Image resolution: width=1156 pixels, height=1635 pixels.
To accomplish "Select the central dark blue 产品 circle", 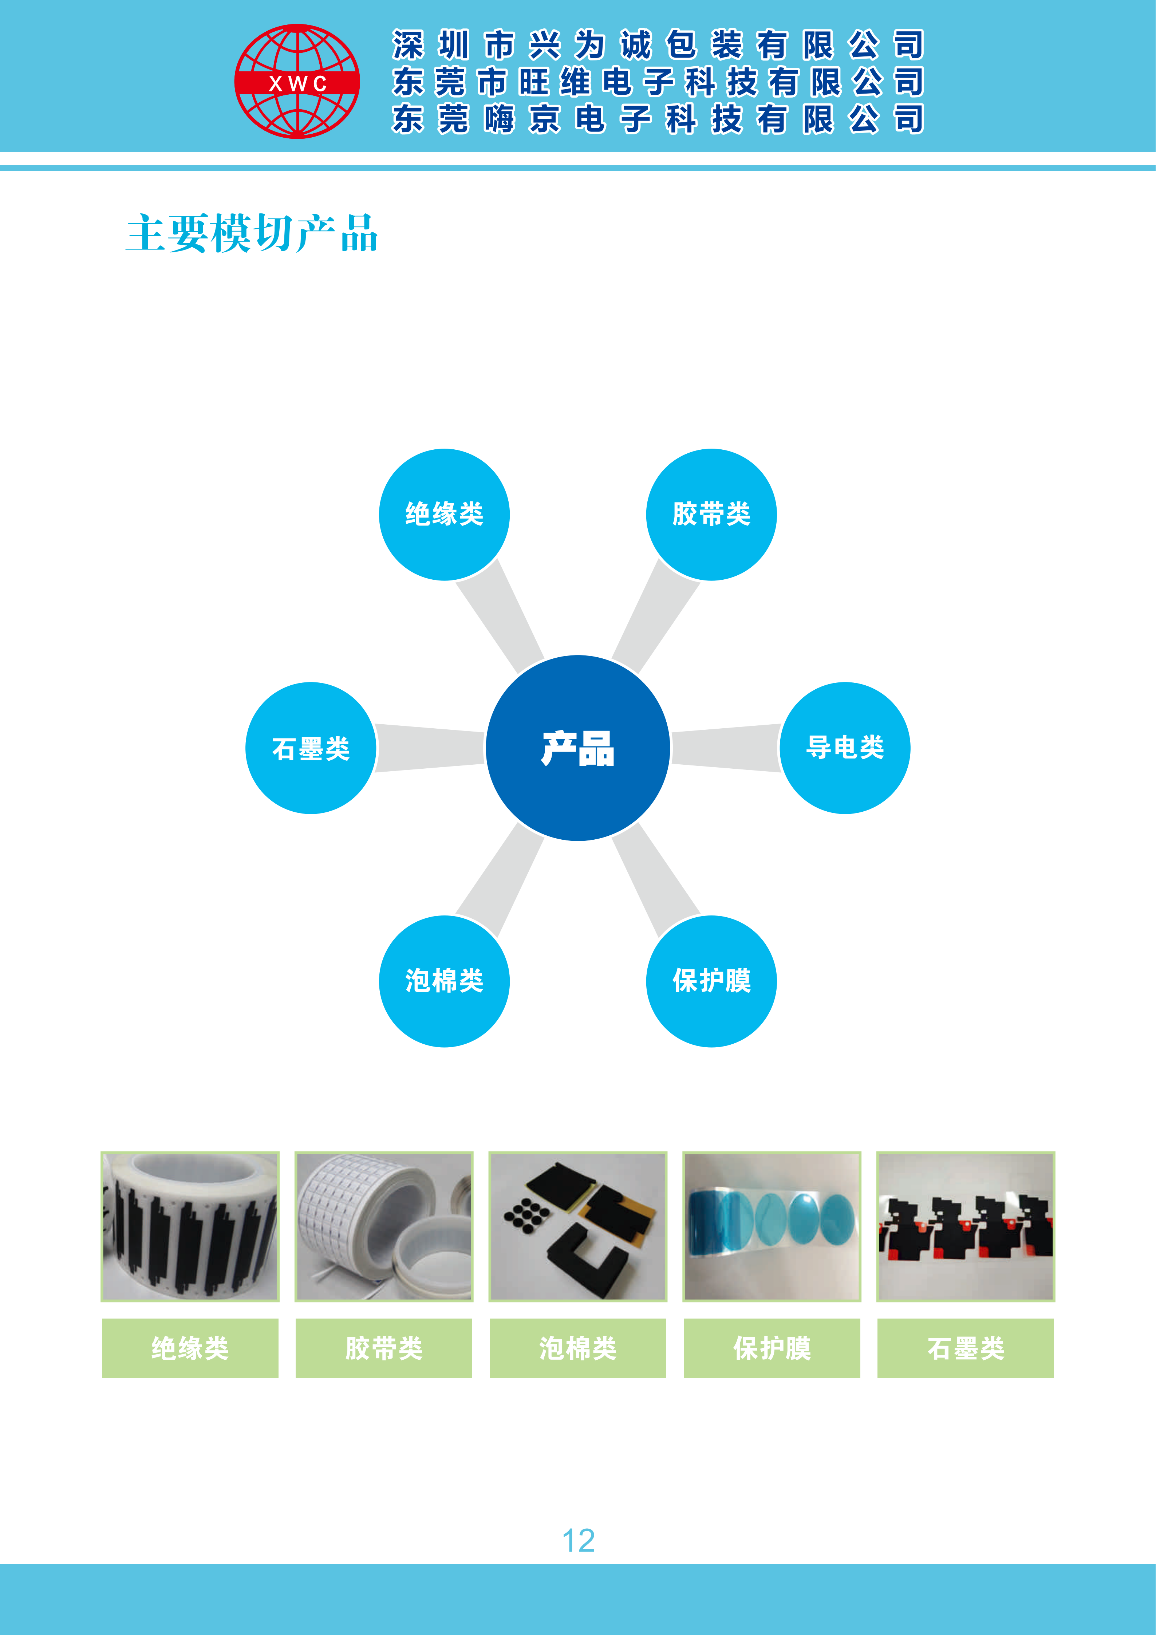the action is coord(577,748).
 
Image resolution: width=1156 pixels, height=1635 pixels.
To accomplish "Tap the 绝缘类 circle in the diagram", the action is coord(444,514).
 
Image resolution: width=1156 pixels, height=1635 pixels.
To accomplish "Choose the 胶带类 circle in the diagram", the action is coord(711,514).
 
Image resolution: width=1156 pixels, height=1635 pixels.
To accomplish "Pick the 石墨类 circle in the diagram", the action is coord(311,748).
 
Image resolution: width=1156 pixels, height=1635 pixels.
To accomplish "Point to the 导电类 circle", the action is coord(845,748).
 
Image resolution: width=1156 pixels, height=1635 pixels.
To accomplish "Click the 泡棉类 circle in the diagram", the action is coord(444,981).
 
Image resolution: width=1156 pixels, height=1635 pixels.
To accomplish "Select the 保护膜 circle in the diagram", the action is coord(711,981).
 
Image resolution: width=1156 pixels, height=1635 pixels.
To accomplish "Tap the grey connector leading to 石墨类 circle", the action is coord(430,748).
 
